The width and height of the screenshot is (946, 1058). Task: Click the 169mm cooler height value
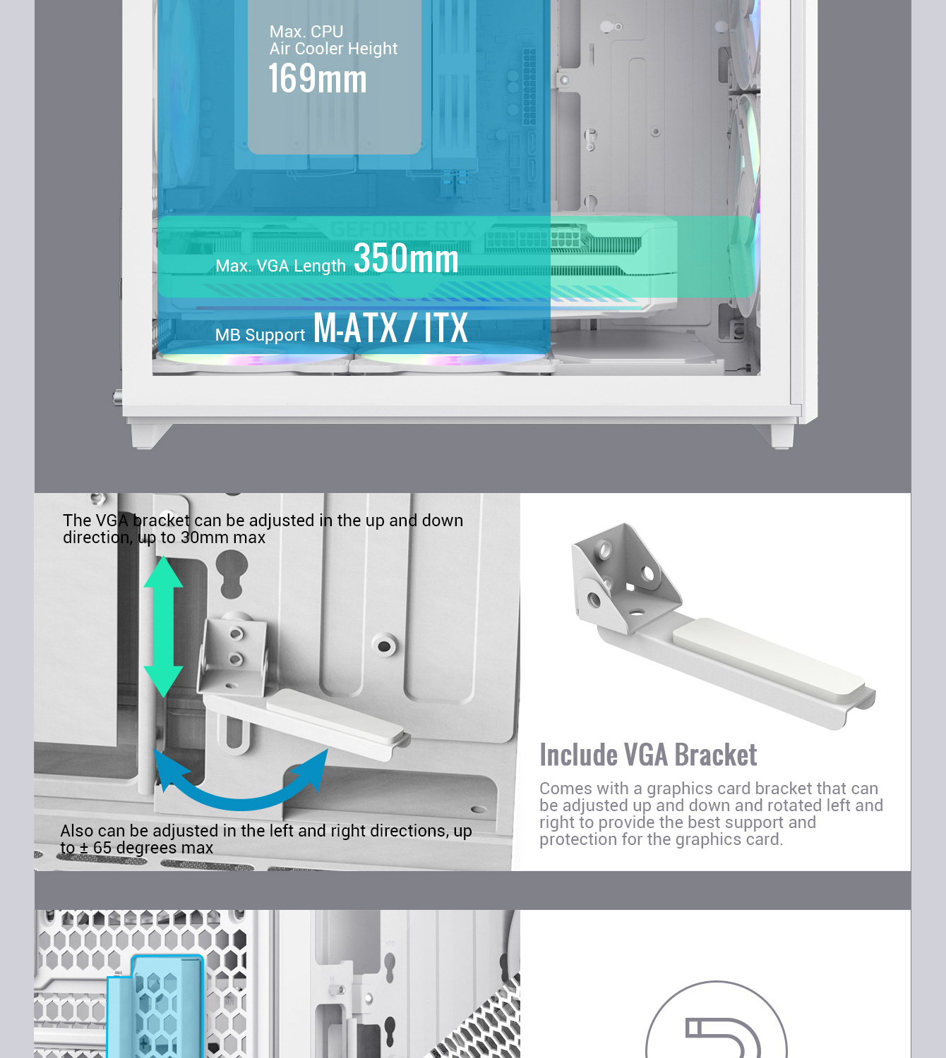[x=317, y=79]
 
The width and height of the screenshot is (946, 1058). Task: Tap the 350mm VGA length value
[x=406, y=258]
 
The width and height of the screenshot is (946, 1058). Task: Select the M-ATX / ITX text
[x=390, y=328]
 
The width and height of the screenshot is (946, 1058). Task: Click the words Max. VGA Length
[x=281, y=266]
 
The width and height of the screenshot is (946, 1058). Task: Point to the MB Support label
[x=260, y=335]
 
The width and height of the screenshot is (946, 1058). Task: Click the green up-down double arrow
[x=164, y=626]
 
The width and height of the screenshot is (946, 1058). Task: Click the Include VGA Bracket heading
[x=648, y=755]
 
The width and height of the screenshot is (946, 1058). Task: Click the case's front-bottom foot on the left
[x=149, y=436]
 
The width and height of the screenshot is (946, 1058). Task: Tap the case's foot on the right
[x=779, y=436]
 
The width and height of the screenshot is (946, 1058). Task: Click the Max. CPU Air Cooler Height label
[x=333, y=40]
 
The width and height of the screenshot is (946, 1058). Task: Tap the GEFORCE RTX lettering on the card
[x=403, y=229]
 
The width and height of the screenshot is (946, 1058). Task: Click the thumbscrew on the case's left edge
[x=118, y=398]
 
